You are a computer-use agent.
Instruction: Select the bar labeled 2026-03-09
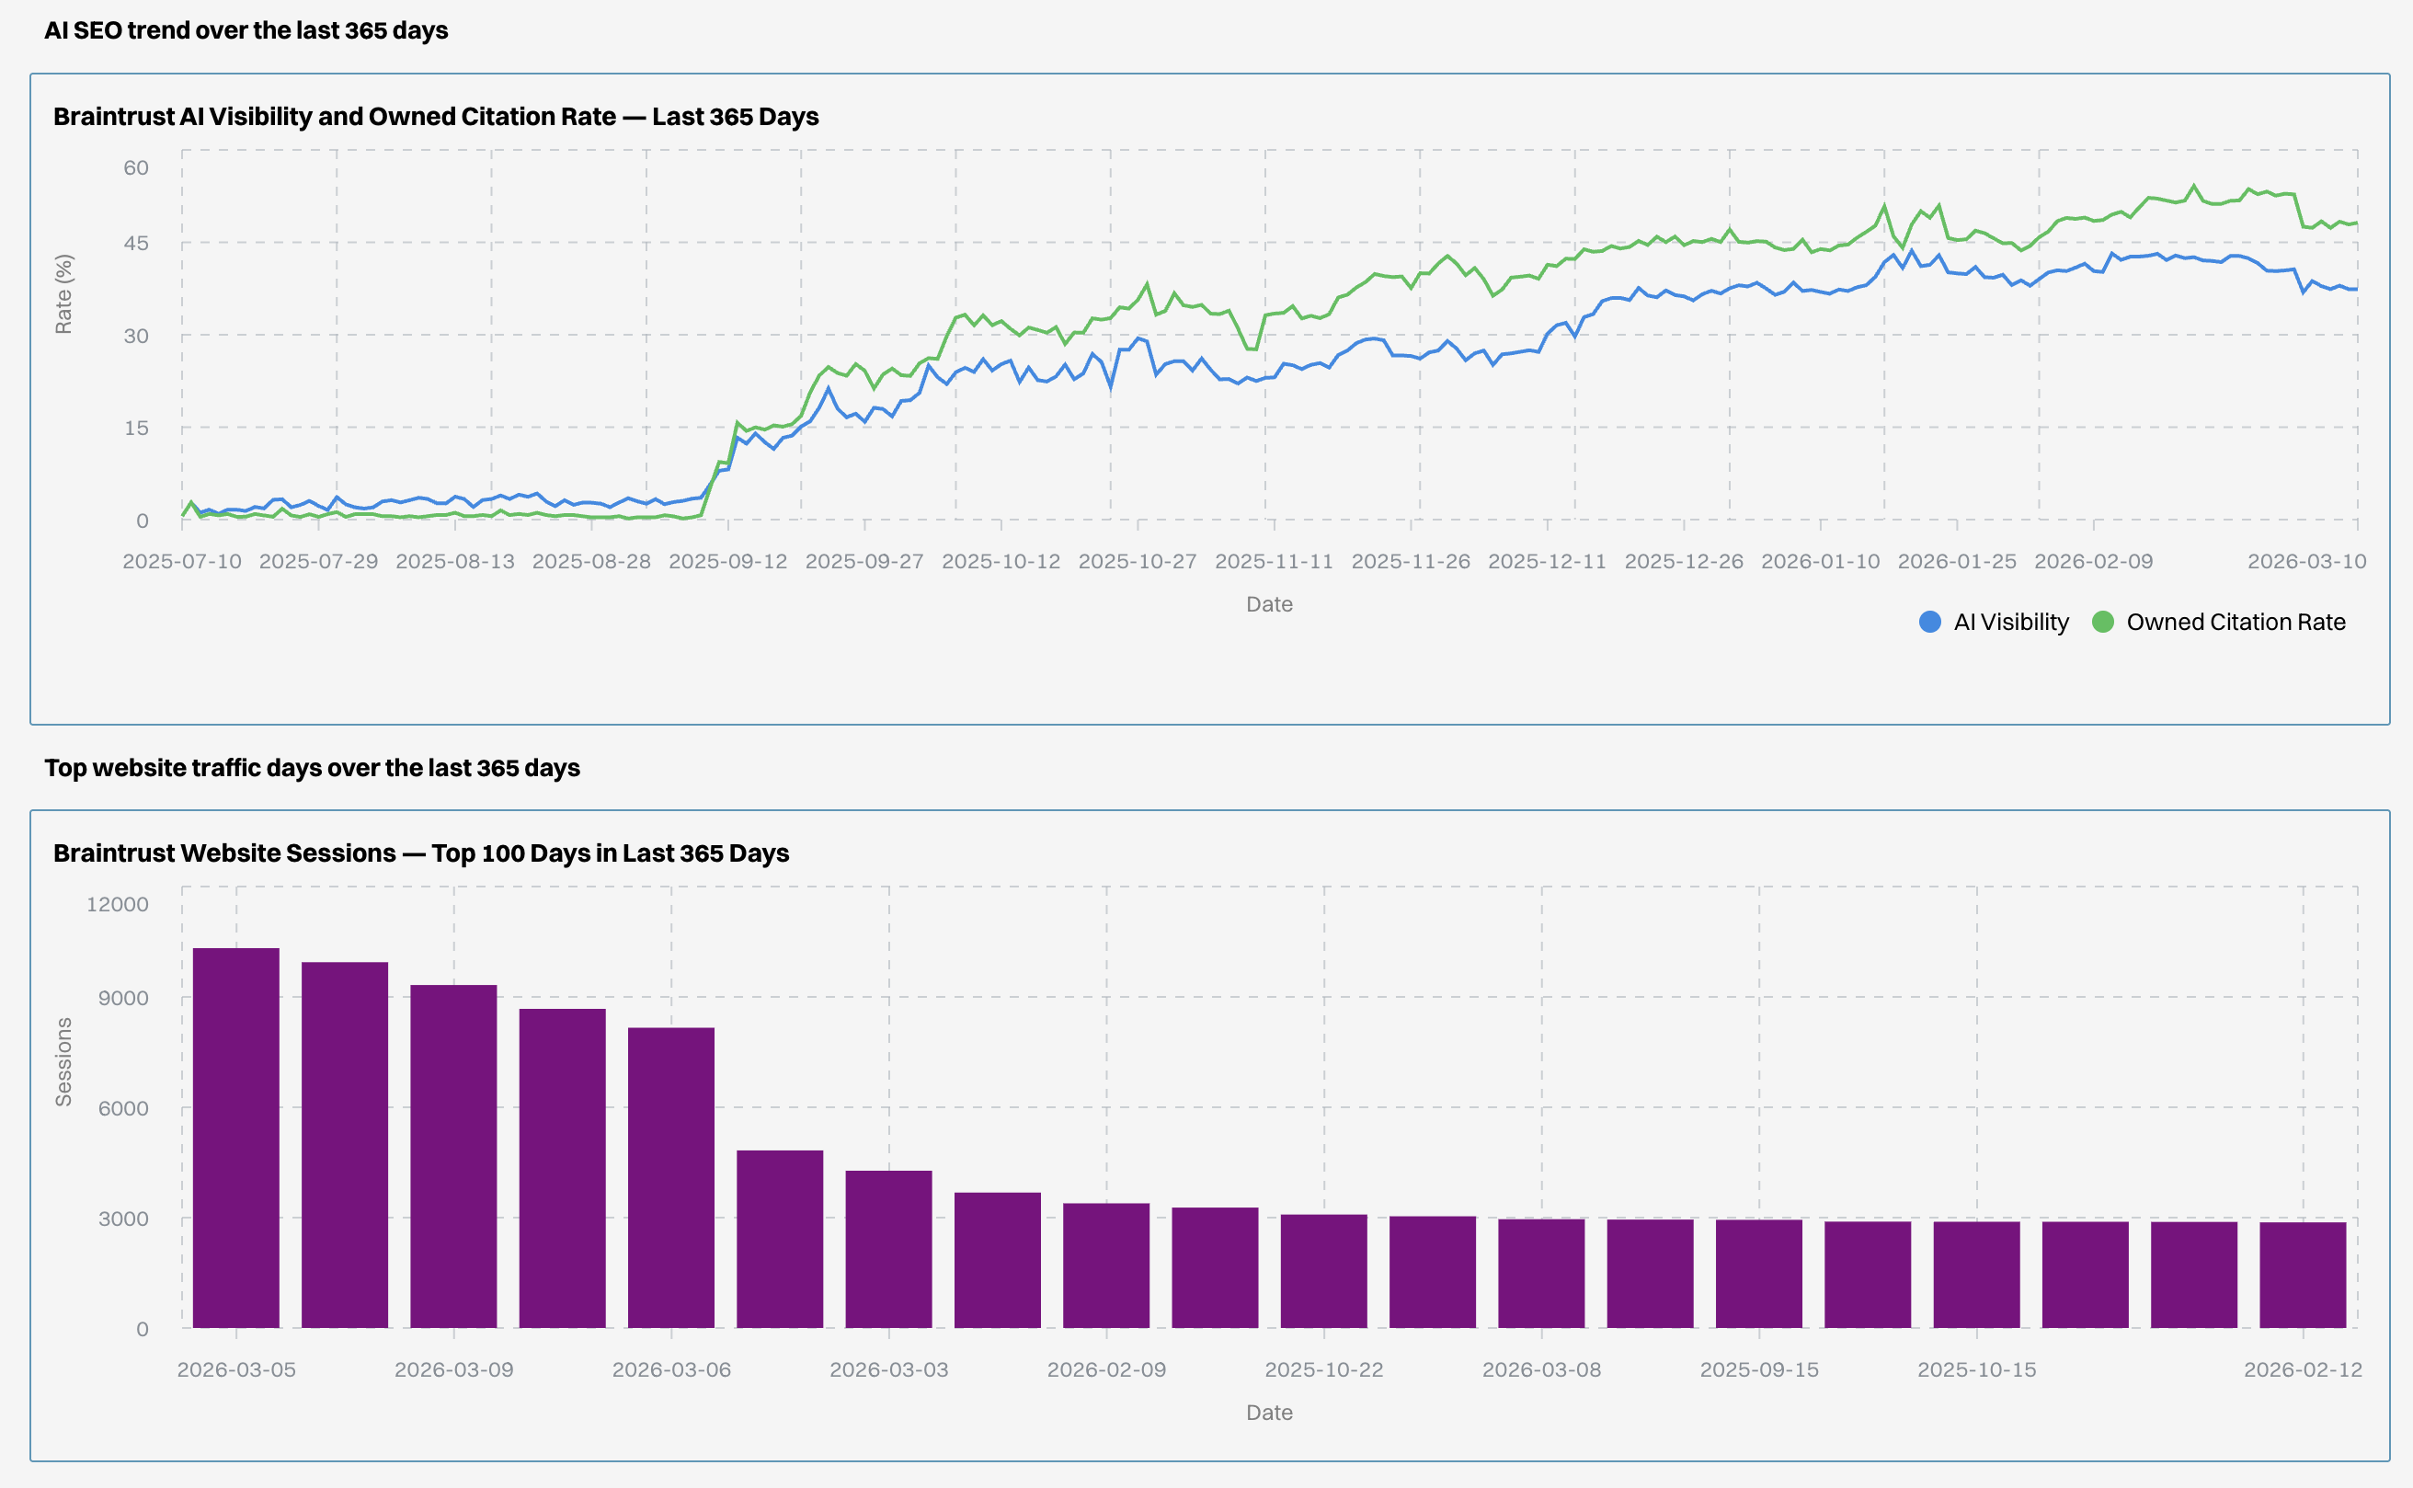point(453,1155)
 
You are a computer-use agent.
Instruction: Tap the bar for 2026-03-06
point(671,1177)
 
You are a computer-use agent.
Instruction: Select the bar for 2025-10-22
point(1323,1271)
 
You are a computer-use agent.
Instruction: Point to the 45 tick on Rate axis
point(136,243)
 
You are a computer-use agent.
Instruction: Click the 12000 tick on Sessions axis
point(117,904)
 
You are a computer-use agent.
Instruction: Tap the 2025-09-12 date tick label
point(728,561)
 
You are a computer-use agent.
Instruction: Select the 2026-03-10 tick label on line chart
point(2305,561)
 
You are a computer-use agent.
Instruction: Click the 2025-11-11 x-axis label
point(1274,561)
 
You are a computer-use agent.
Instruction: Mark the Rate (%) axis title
point(63,294)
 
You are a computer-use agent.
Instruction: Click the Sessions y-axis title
point(63,1062)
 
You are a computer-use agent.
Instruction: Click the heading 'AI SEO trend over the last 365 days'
point(246,30)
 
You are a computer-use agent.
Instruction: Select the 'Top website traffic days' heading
point(312,768)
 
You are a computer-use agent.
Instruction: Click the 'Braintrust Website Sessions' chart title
point(421,853)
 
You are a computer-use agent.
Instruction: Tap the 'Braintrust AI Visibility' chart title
point(436,116)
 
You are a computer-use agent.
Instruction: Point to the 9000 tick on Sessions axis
point(123,998)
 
